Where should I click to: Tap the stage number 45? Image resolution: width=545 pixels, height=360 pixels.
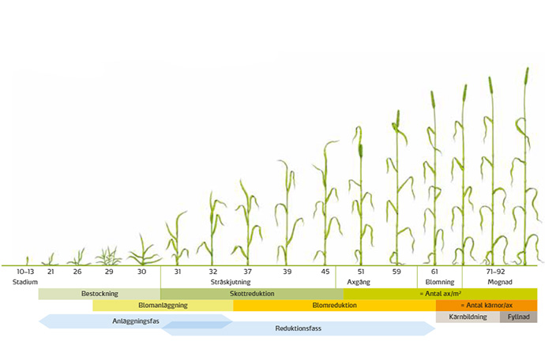point(325,272)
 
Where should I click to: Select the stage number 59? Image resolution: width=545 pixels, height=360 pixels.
point(396,272)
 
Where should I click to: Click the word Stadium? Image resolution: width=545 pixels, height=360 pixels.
point(26,282)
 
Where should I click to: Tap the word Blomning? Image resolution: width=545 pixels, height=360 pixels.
point(439,282)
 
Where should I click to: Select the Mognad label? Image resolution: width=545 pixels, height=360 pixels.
point(499,282)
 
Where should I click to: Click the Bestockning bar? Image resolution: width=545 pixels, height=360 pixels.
point(100,294)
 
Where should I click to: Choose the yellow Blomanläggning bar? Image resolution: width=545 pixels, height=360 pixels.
point(163,306)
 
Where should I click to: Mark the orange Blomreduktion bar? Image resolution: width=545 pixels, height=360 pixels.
point(334,306)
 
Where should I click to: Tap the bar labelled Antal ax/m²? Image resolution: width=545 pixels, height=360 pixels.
point(440,294)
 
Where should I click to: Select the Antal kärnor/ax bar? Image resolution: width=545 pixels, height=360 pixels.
point(487,306)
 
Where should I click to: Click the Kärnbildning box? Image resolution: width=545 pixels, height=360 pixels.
point(468,317)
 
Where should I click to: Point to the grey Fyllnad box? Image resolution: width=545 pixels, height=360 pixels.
point(518,317)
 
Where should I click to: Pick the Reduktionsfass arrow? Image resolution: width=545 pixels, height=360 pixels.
point(299,328)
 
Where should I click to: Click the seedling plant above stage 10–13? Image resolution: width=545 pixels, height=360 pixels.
point(28,261)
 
